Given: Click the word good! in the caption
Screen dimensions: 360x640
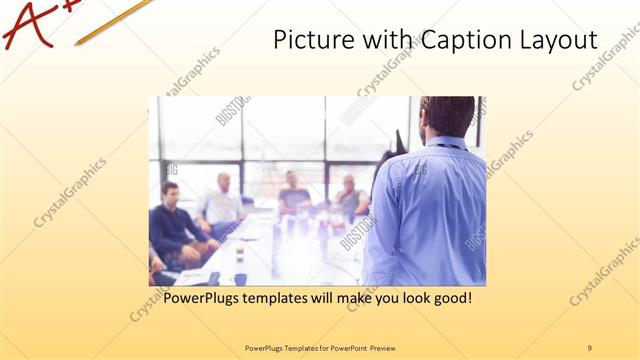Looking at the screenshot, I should [448, 298].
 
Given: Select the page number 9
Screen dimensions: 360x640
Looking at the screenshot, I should [589, 348].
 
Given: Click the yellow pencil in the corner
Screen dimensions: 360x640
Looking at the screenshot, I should [110, 20].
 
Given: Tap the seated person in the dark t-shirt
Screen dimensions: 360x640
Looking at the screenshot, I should [293, 195].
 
